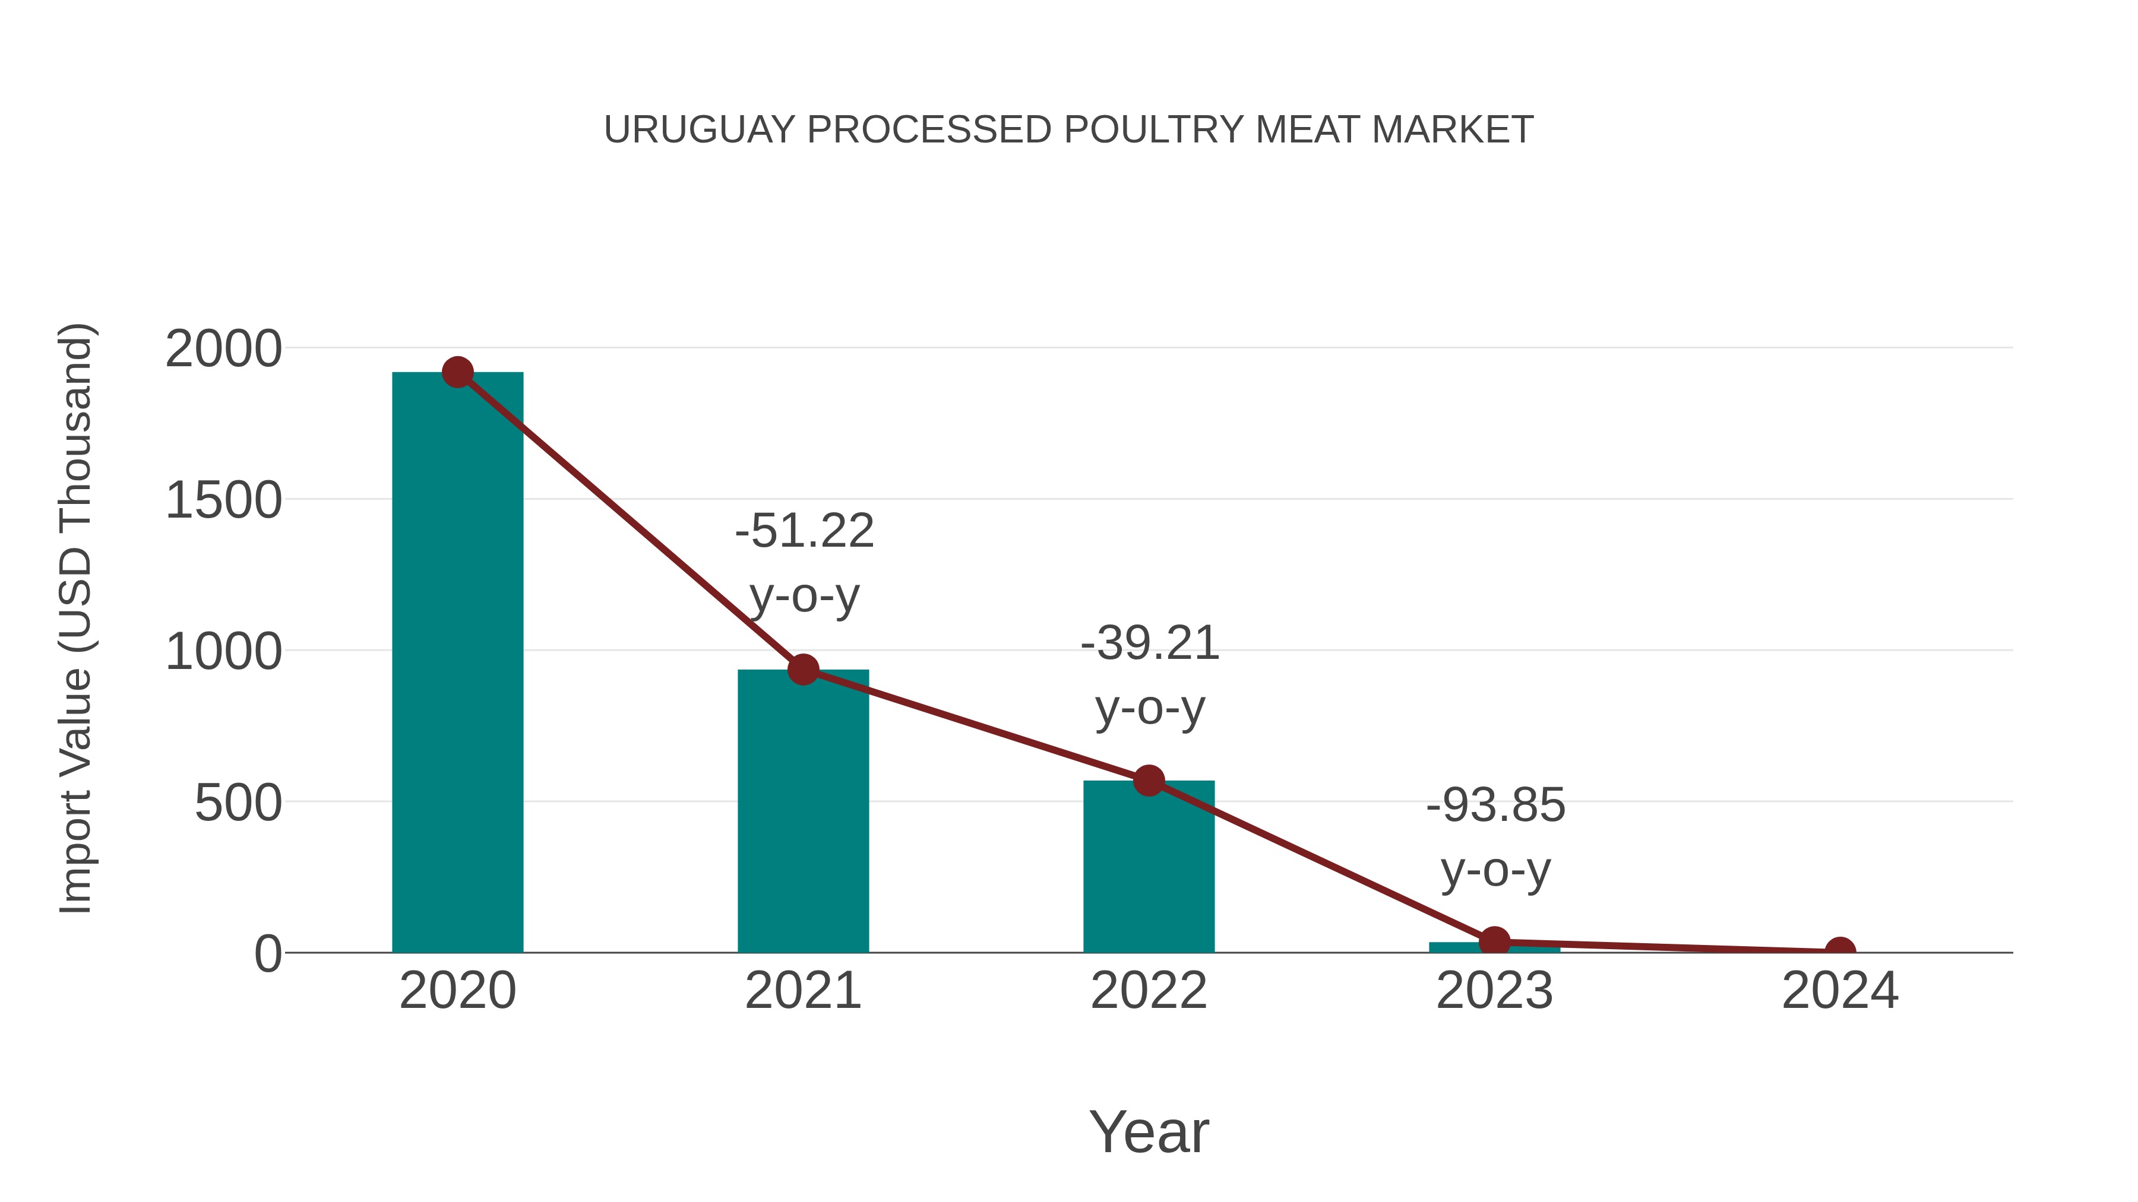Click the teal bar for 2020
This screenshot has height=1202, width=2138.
pos(457,664)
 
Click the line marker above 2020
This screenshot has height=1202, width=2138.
pos(457,372)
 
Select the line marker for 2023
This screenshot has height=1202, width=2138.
pos(1494,941)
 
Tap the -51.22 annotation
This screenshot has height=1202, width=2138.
pos(804,531)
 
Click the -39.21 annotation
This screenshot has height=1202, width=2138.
pos(1150,643)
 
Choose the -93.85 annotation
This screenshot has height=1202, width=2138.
pos(1495,805)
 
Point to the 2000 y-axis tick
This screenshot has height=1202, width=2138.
pos(223,349)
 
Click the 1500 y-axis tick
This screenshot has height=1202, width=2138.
pos(223,501)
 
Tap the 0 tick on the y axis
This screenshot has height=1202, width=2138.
pos(268,954)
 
